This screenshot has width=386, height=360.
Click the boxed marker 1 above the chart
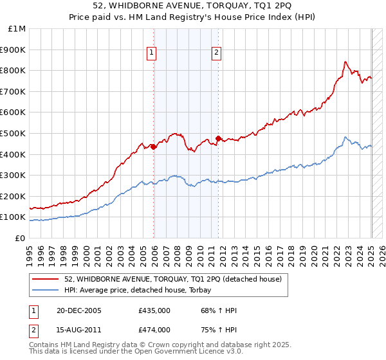pyautogui.click(x=152, y=53)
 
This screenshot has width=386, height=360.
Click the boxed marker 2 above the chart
pyautogui.click(x=216, y=53)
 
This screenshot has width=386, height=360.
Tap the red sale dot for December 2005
pyautogui.click(x=154, y=147)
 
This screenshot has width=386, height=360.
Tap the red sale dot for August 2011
pyautogui.click(x=218, y=138)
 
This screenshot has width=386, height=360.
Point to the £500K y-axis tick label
pyautogui.click(x=13, y=133)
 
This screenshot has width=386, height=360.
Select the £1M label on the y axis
pyautogui.click(x=17, y=29)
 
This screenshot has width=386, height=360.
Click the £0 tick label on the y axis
pyautogui.click(x=20, y=238)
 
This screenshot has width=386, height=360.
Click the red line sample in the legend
pyautogui.click(x=46, y=279)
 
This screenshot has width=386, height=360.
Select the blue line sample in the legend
pyautogui.click(x=46, y=290)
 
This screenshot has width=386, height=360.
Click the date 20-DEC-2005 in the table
pyautogui.click(x=78, y=311)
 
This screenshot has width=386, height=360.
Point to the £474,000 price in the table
pyautogui.click(x=154, y=329)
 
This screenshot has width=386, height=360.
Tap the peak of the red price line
pyautogui.click(x=345, y=62)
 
